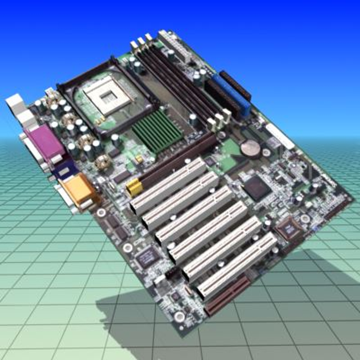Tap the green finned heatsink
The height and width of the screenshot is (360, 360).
click(157, 130)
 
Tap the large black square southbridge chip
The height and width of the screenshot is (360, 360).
click(256, 188)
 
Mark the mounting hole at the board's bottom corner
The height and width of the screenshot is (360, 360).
click(179, 316)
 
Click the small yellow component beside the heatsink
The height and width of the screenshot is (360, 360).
click(139, 159)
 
